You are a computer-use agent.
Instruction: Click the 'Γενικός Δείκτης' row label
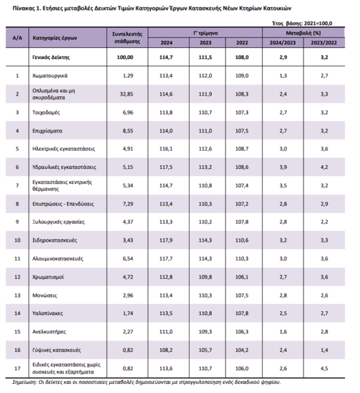51,57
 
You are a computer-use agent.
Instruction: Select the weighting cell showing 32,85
127,94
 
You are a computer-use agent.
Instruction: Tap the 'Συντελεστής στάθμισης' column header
127,37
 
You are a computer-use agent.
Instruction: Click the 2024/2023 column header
283,43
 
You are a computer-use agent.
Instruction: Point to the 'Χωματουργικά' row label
50,76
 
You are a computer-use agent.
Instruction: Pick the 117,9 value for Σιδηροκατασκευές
166,240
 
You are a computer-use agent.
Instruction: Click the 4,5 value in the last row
324,368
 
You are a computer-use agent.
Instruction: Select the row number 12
17,277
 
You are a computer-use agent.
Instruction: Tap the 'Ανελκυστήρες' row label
49,331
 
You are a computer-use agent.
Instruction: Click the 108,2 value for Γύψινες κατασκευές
166,350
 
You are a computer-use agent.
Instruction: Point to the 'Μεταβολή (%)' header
304,33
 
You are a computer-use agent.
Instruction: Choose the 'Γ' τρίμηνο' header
205,33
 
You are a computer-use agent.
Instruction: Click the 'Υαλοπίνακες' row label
48,313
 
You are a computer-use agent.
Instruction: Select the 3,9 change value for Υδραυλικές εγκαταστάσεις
283,167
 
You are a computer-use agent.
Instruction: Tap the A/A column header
17,38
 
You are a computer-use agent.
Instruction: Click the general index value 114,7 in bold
166,57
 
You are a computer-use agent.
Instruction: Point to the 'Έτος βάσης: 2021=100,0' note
302,24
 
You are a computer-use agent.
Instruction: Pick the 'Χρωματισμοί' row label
48,277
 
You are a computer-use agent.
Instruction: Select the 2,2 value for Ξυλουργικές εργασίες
324,222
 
